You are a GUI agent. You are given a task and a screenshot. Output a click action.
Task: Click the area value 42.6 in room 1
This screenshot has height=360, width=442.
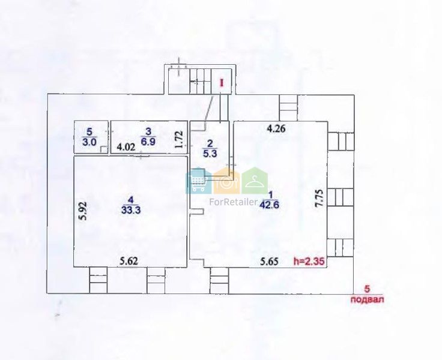click(270, 205)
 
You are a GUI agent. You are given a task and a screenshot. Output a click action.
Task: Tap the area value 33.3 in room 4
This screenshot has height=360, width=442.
click(131, 210)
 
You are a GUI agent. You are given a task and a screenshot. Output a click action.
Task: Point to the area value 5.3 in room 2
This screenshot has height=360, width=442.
click(210, 154)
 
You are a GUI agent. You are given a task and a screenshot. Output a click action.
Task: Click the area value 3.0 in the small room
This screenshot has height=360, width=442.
click(89, 142)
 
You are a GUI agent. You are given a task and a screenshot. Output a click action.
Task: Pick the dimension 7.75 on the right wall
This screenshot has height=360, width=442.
click(319, 199)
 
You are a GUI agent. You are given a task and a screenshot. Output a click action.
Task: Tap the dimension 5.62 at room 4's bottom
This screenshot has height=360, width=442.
click(129, 262)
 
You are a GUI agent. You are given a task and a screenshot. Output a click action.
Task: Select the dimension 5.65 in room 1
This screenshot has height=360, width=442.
click(269, 262)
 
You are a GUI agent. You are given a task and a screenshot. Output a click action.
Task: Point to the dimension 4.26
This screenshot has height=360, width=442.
click(276, 129)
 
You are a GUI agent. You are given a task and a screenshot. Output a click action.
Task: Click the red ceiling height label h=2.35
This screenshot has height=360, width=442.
click(309, 262)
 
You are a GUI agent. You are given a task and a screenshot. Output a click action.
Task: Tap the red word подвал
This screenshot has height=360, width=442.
click(368, 299)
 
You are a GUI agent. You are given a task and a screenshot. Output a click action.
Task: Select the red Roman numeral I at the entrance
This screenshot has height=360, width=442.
click(222, 83)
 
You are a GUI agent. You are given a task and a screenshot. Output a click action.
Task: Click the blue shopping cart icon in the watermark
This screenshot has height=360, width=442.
click(199, 181)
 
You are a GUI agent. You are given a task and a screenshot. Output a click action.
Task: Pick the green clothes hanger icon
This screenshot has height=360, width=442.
click(255, 181)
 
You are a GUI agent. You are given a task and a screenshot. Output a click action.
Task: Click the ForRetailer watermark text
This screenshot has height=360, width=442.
click(233, 202)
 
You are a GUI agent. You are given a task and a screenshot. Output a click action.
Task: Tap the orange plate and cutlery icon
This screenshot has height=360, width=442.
click(226, 181)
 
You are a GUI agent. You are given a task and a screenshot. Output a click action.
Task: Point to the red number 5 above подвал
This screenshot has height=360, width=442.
click(367, 289)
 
